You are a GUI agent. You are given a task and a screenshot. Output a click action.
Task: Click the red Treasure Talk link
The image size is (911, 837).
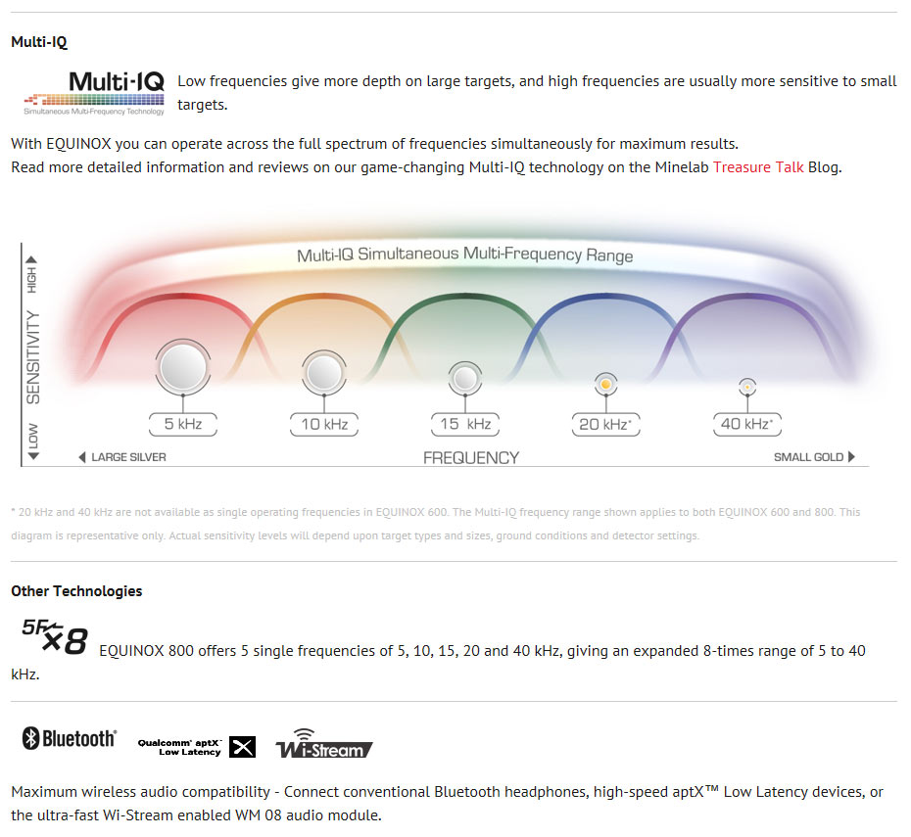(758, 167)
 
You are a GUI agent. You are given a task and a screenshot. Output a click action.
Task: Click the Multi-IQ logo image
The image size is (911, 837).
(94, 93)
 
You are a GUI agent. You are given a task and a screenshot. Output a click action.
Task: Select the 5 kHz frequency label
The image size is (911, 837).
(183, 424)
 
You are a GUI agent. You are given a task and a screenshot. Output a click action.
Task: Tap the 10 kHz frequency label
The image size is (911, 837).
(324, 424)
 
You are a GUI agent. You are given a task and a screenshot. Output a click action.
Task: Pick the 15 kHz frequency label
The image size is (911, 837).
(465, 424)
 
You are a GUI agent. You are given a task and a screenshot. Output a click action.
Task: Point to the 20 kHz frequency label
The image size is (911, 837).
(606, 424)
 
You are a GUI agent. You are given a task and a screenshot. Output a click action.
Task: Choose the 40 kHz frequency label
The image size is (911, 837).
(747, 424)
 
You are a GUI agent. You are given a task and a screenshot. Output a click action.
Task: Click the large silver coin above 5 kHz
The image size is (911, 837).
(183, 367)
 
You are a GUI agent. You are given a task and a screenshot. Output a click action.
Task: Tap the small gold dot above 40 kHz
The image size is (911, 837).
(747, 387)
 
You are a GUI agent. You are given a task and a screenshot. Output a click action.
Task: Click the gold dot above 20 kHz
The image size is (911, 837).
(606, 385)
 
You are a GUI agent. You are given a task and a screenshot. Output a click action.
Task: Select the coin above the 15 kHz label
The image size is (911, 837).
(465, 379)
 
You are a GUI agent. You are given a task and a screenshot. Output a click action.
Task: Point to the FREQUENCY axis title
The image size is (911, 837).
(471, 458)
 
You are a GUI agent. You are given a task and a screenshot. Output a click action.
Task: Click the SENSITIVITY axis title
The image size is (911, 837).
(33, 357)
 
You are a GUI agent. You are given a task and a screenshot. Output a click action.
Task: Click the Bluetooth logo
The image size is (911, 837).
(70, 738)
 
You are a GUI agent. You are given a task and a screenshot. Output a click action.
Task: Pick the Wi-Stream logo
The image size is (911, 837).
(323, 744)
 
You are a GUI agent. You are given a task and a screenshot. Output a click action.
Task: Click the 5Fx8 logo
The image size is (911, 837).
(55, 636)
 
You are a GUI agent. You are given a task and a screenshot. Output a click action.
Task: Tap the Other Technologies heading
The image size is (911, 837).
(76, 591)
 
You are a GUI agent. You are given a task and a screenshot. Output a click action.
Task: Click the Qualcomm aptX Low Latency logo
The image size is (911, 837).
(196, 747)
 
